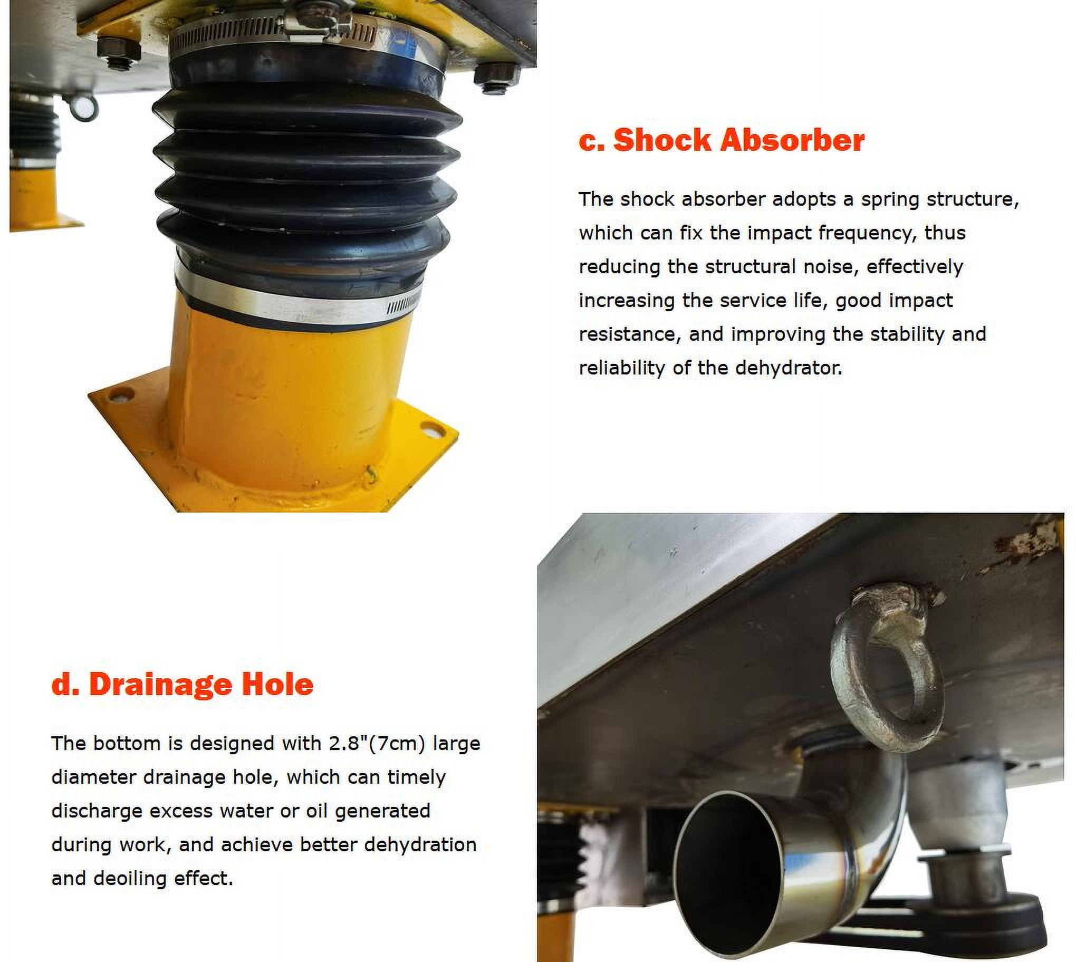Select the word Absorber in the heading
[792, 140]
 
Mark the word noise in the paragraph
[829, 267]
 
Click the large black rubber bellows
[307, 180]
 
